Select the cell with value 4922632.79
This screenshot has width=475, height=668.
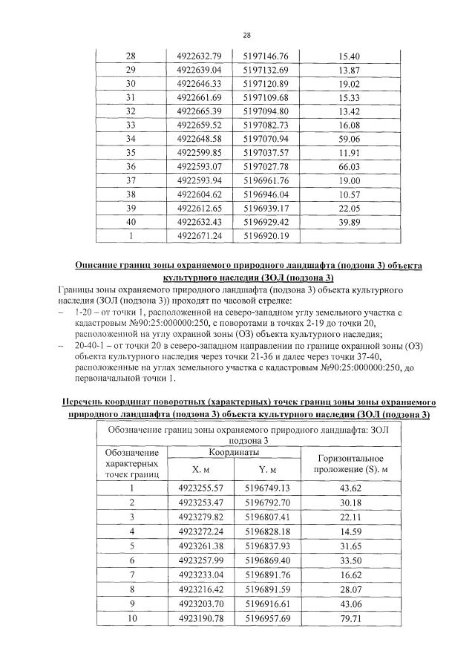click(200, 56)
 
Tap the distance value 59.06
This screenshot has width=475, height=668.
click(348, 139)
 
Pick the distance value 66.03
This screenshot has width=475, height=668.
click(348, 167)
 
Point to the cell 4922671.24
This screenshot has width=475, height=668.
click(200, 236)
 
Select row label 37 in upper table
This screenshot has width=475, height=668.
click(131, 180)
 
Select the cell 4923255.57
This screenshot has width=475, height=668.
click(201, 488)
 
